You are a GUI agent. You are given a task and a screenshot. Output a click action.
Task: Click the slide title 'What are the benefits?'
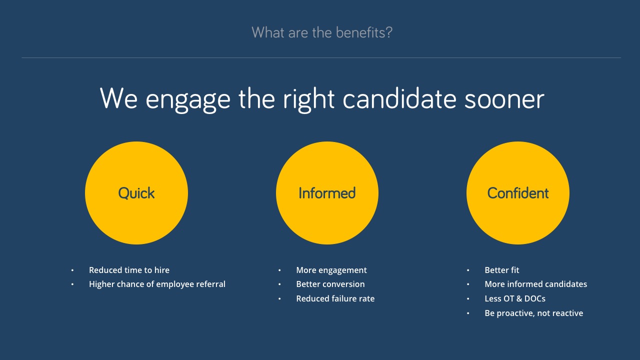(x=321, y=32)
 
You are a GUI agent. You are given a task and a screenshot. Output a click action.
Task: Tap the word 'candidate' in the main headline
(x=399, y=98)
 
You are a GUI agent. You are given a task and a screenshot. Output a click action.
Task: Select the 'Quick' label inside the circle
(x=136, y=193)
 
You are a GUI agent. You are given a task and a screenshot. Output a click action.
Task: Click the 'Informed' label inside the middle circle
(x=327, y=193)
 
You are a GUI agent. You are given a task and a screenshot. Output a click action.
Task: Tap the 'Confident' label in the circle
(x=517, y=193)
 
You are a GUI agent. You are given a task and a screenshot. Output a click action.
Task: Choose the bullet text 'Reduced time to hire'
(x=129, y=270)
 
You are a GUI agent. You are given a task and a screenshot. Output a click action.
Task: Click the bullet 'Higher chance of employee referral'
(x=157, y=284)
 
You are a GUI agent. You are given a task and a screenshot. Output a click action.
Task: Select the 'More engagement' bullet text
(x=331, y=270)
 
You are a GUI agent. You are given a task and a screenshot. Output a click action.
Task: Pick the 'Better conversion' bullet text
(x=330, y=284)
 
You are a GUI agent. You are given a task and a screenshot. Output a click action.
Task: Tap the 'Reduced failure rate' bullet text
(x=335, y=298)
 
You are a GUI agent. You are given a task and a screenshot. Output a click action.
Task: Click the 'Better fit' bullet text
(x=501, y=270)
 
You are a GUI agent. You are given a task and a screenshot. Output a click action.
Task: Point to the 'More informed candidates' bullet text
(x=535, y=284)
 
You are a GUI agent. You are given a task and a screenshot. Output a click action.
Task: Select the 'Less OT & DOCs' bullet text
(x=515, y=298)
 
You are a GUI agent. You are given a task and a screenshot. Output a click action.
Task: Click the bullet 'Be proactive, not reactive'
(x=533, y=313)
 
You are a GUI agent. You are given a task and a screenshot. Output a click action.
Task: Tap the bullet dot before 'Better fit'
(x=468, y=270)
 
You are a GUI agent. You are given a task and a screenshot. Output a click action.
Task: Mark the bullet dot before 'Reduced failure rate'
(x=279, y=299)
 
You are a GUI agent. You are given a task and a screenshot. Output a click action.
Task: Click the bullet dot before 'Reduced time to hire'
(x=72, y=270)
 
